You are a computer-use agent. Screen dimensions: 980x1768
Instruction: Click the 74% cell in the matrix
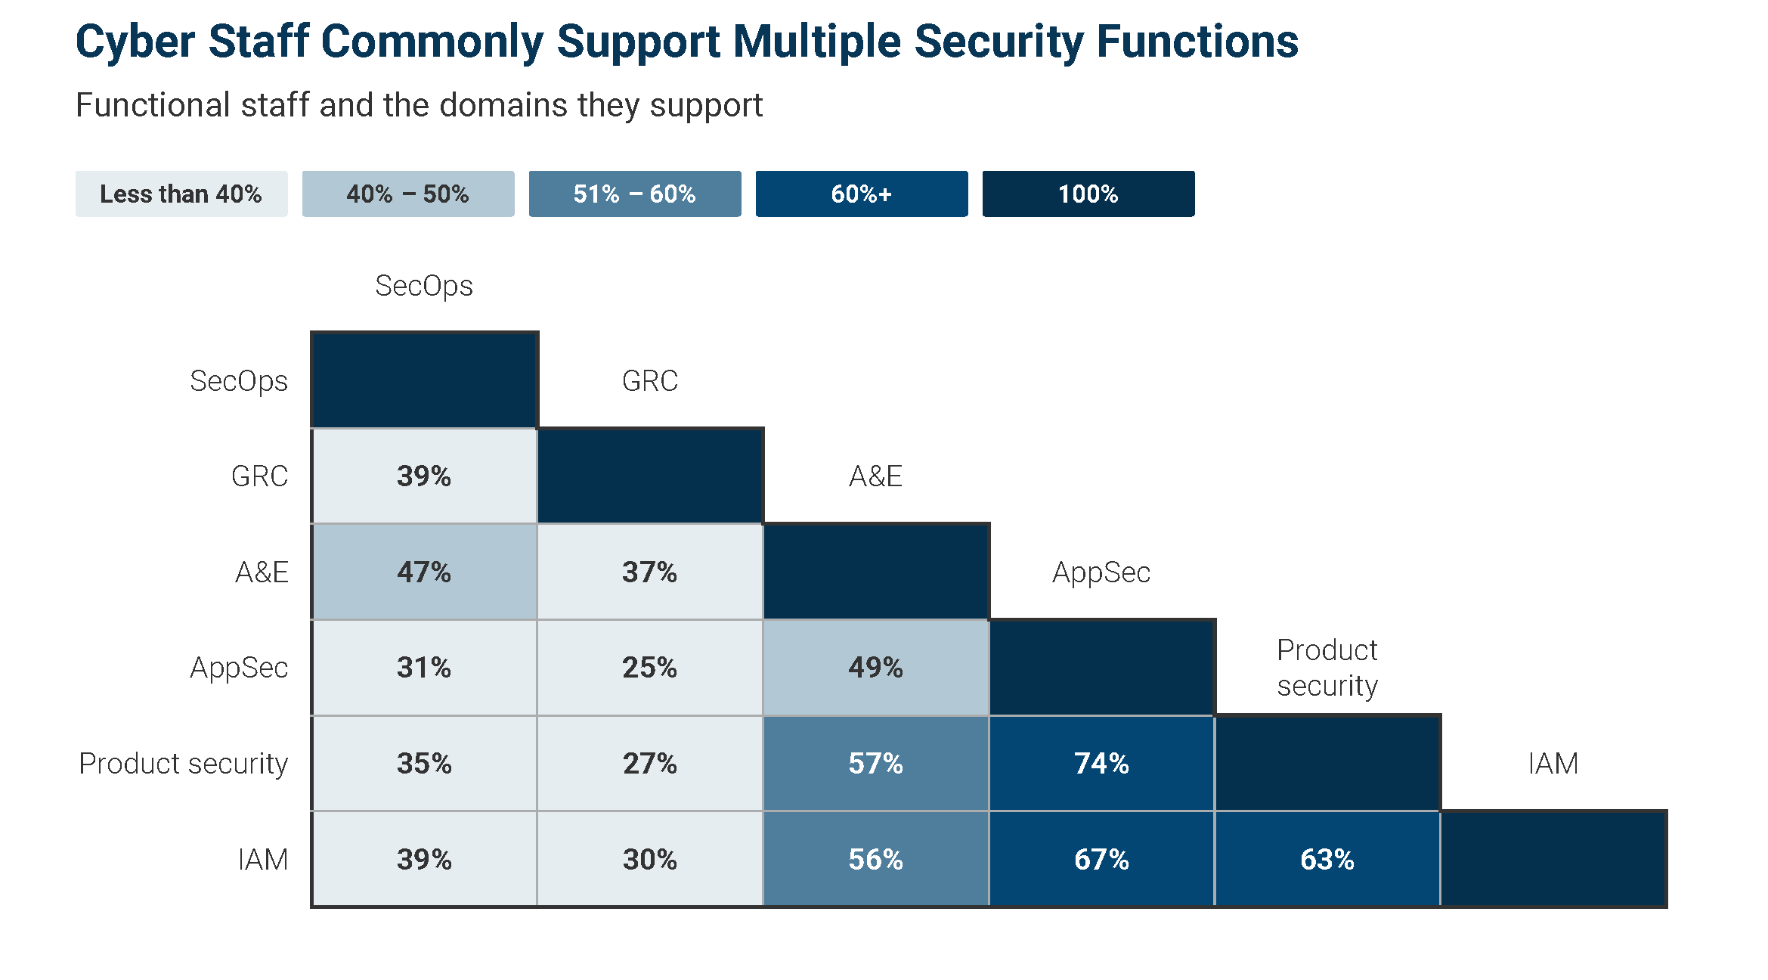[x=1101, y=763]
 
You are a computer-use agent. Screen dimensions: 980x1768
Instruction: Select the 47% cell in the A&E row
[x=424, y=572]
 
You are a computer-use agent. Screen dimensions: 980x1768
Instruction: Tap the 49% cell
[x=875, y=667]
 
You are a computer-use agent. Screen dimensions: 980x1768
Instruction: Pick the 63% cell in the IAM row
[x=1327, y=859]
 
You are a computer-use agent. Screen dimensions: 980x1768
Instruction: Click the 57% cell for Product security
[x=875, y=763]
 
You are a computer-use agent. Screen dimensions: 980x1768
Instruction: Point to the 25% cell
[x=649, y=667]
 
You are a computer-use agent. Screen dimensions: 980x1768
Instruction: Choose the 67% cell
[x=1101, y=859]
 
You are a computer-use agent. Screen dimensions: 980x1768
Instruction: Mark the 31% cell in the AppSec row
[x=424, y=667]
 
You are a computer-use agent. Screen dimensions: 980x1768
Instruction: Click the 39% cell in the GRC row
[x=424, y=476]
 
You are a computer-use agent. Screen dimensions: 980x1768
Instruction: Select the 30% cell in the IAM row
[x=649, y=859]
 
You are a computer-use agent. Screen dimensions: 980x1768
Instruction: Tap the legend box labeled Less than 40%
[x=181, y=194]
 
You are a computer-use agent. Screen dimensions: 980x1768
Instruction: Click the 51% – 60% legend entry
[x=635, y=194]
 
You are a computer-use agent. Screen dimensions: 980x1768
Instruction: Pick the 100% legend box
[x=1088, y=194]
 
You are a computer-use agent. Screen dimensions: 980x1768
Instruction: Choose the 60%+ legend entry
[x=862, y=194]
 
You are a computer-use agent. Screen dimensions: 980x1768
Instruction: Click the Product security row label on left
[x=183, y=764]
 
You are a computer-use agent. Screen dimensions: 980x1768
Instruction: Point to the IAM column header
[x=1553, y=764]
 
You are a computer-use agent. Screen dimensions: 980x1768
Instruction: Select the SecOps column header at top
[x=424, y=286]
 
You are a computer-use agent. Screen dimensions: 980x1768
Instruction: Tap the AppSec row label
[x=239, y=668]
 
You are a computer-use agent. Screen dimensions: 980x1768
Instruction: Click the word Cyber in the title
[x=135, y=42]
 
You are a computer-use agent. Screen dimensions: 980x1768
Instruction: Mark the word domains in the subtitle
[x=503, y=105]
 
